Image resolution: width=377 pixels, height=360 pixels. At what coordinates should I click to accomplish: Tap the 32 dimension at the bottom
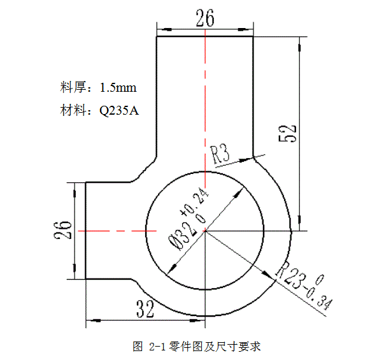(x=146, y=310)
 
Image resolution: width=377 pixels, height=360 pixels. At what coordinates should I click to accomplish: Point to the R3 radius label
(x=220, y=154)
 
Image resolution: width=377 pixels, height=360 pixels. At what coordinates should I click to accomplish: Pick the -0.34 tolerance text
(x=317, y=296)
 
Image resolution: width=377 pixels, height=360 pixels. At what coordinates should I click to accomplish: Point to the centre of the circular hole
(x=205, y=231)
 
